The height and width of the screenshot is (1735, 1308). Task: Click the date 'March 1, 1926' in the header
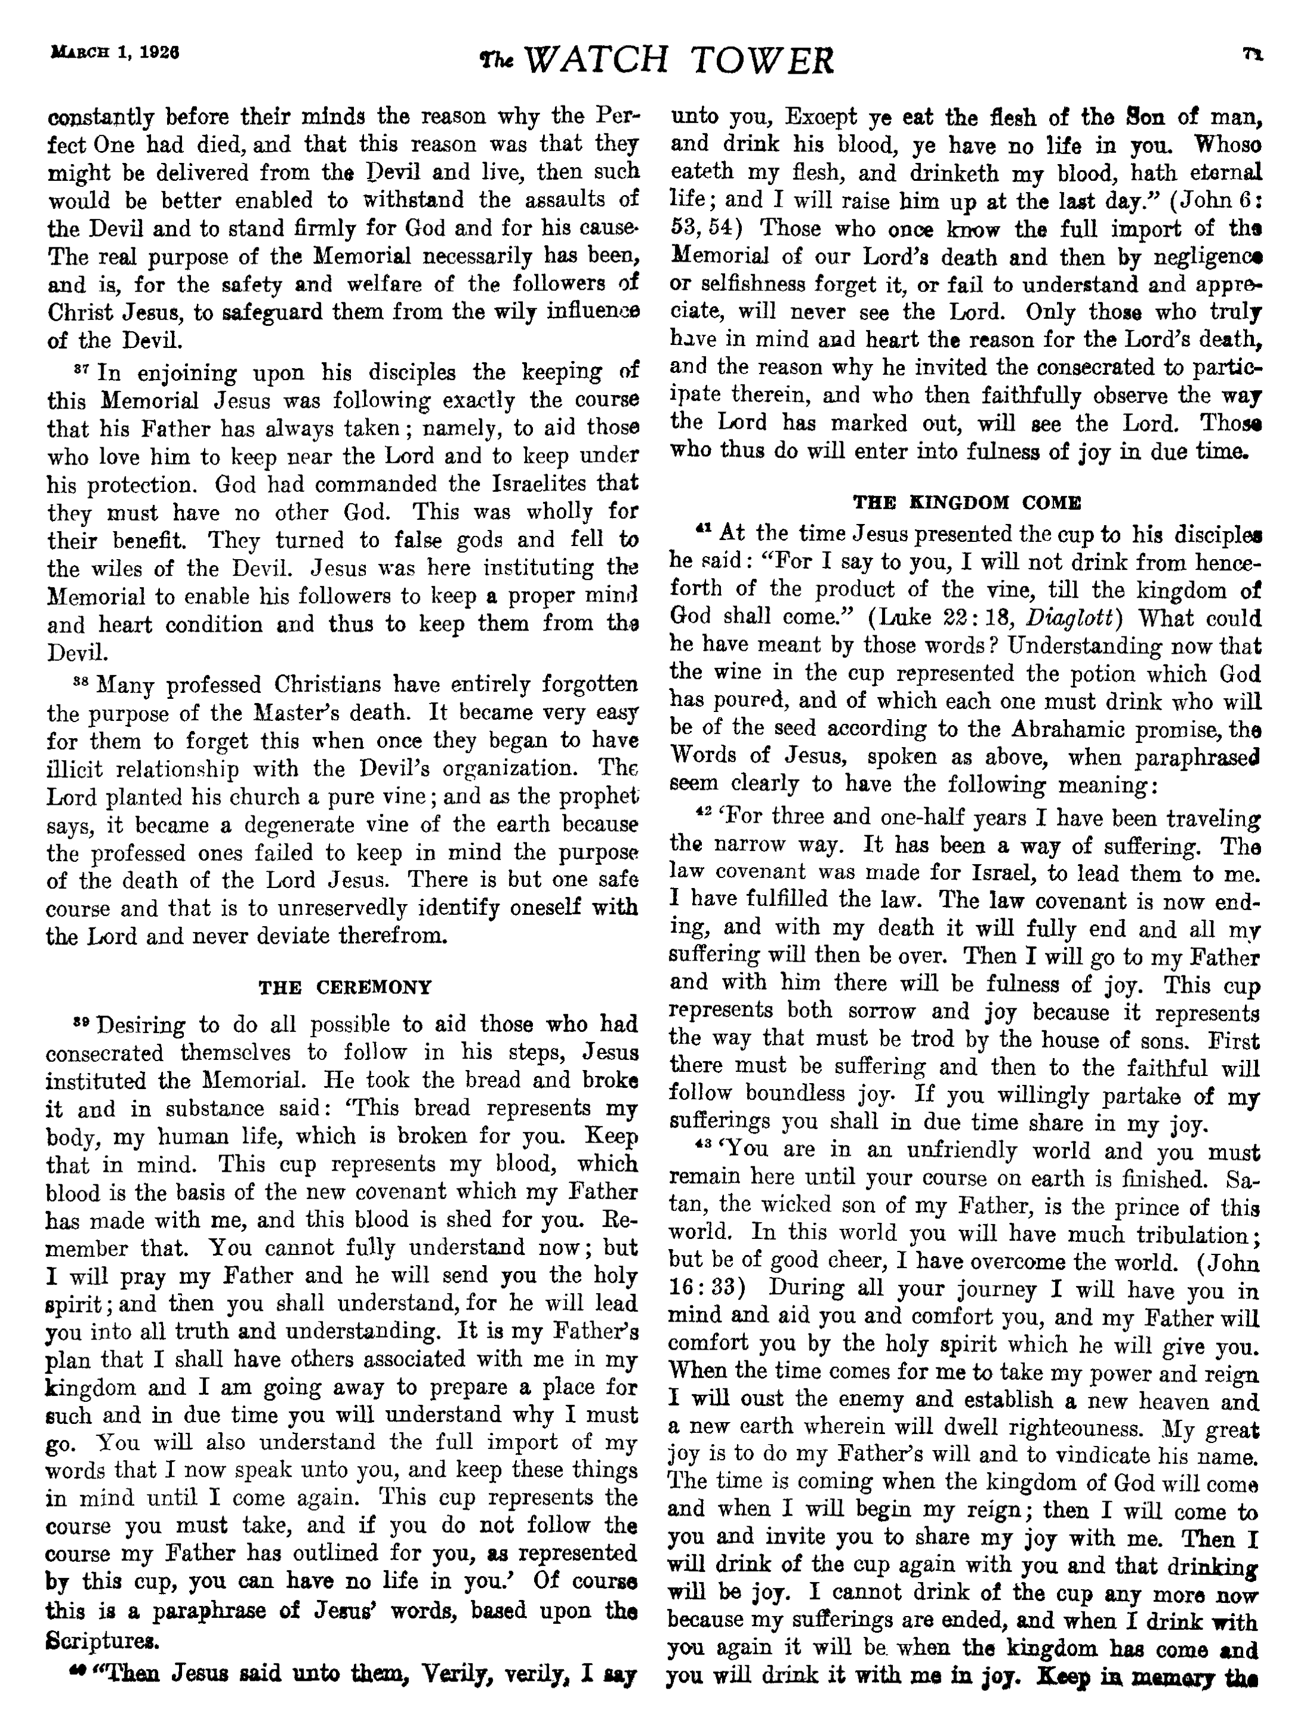point(114,54)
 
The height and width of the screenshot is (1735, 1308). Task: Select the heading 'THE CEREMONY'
point(345,987)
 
